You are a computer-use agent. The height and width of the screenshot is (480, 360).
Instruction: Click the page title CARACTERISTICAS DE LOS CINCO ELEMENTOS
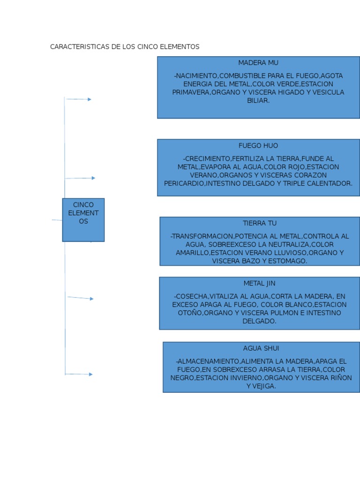pyautogui.click(x=125, y=47)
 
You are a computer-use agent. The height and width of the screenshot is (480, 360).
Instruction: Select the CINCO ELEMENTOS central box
pyautogui.click(x=83, y=219)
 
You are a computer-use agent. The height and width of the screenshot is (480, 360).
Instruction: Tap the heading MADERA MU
pyautogui.click(x=258, y=63)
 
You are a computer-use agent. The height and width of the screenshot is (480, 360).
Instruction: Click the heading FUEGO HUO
pyautogui.click(x=258, y=146)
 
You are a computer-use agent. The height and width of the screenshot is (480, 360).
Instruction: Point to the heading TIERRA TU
pyautogui.click(x=260, y=223)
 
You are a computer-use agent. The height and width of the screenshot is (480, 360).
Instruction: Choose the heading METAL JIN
pyautogui.click(x=259, y=284)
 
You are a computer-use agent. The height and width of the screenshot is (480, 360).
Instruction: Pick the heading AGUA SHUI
pyautogui.click(x=261, y=348)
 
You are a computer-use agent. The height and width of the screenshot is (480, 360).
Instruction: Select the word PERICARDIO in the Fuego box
pyautogui.click(x=183, y=183)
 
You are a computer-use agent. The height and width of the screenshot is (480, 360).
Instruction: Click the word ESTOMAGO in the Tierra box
pyautogui.click(x=288, y=261)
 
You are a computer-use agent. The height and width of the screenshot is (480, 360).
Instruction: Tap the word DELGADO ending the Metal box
pyautogui.click(x=259, y=322)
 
